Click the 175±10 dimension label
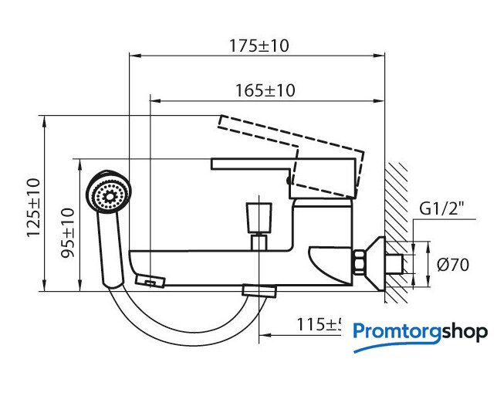coord(258,45)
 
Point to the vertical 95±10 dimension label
coord(67,232)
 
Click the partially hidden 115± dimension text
coord(319,325)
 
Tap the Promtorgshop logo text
coord(420,332)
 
